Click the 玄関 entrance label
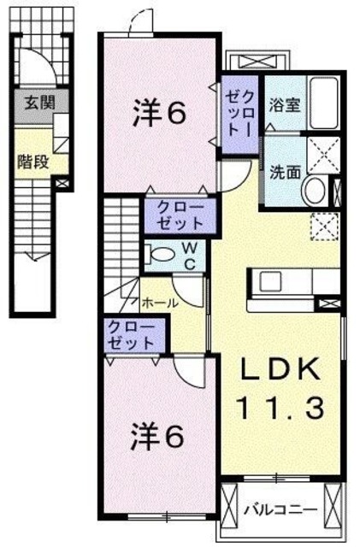coord(36,106)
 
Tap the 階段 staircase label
coord(33,162)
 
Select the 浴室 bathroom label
coord(280,106)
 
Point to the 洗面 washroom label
coord(283,170)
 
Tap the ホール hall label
coord(159,303)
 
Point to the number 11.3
coord(280,409)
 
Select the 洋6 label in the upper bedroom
coord(158,114)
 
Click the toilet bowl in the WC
coord(158,255)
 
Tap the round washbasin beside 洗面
coord(314,191)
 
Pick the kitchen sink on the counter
coord(269,281)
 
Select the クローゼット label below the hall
coord(131,334)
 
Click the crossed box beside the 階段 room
coord(62,181)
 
